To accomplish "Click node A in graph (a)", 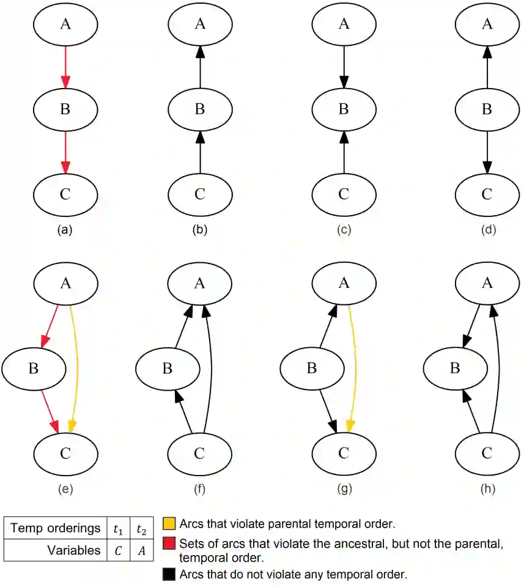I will pos(65,24).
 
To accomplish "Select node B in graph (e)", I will pos(34,369).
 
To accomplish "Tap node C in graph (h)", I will pos(487,453).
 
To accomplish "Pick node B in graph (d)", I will pos(487,109).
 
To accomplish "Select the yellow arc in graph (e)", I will pos(76,367).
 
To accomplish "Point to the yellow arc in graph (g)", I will pos(353,367).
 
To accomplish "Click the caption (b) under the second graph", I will pos(199,230).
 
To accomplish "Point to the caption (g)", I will pos(344,488).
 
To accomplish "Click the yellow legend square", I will pos(169,524).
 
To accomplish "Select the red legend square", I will pos(169,543).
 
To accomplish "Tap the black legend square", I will pos(169,575).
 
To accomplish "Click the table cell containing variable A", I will pos(141,550).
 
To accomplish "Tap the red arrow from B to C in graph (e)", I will pos(46,410).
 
